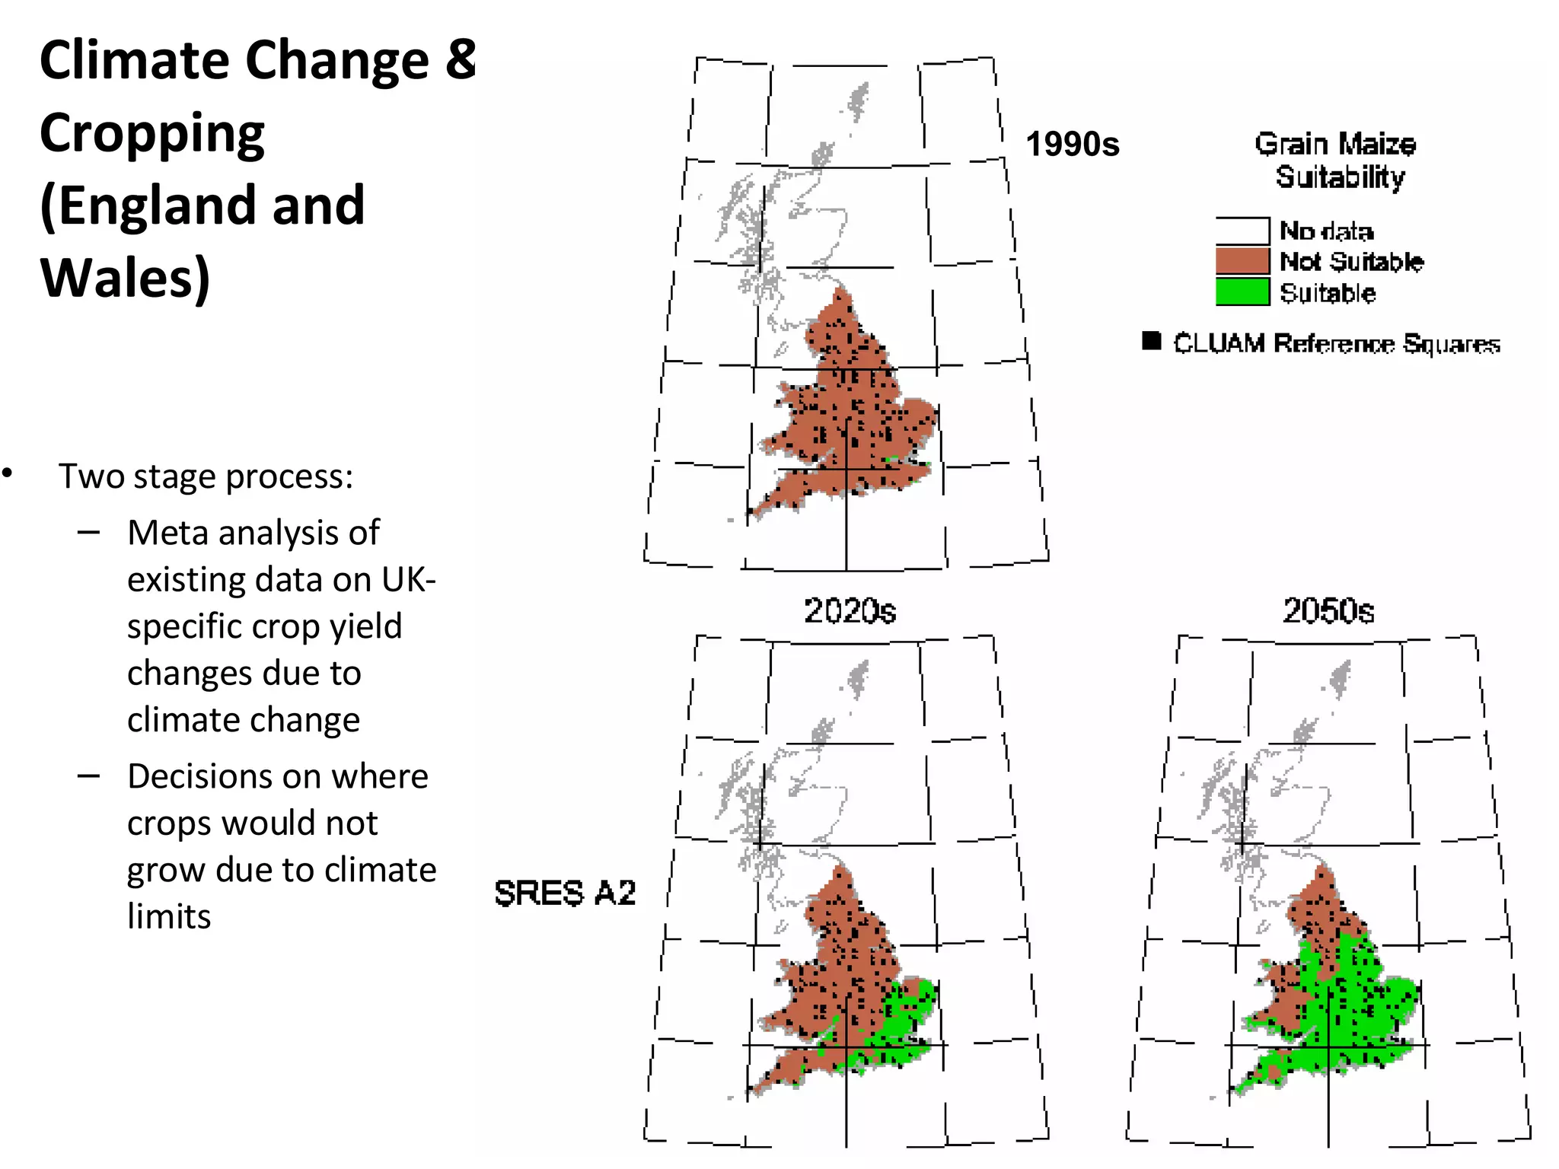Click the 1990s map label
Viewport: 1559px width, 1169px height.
coord(1072,144)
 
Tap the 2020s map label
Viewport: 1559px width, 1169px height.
coord(850,610)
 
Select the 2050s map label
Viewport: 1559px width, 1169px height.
coord(1328,610)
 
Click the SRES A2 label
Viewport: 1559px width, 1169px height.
coord(564,893)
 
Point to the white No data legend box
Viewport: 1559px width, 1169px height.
coord(1242,230)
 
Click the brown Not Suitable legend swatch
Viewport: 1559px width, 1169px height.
coord(1242,261)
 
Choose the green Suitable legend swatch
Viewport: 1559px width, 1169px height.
coord(1242,292)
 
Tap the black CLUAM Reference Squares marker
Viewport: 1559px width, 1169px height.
coord(1152,341)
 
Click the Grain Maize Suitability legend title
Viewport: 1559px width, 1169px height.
coord(1337,160)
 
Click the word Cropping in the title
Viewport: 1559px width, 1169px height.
coord(151,133)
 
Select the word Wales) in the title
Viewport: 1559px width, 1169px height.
coord(125,278)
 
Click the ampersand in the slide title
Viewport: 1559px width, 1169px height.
coord(461,59)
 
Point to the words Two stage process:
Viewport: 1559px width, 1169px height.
coord(206,476)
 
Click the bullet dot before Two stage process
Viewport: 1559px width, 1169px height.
coord(8,473)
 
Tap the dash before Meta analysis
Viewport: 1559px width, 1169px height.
coord(88,532)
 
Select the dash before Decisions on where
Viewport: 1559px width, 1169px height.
coord(88,776)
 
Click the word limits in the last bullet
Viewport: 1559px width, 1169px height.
coord(168,916)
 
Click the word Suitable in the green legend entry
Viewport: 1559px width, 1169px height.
coord(1327,293)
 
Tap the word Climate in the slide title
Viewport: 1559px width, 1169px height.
coord(135,60)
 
